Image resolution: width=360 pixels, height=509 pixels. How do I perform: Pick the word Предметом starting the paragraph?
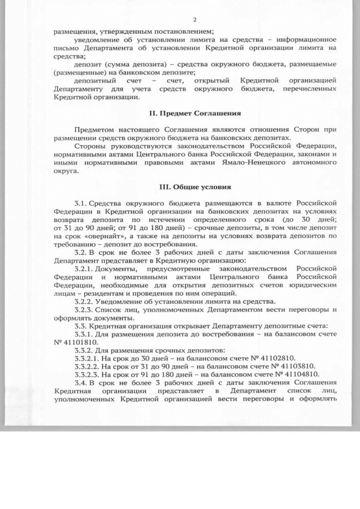pos(92,130)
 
